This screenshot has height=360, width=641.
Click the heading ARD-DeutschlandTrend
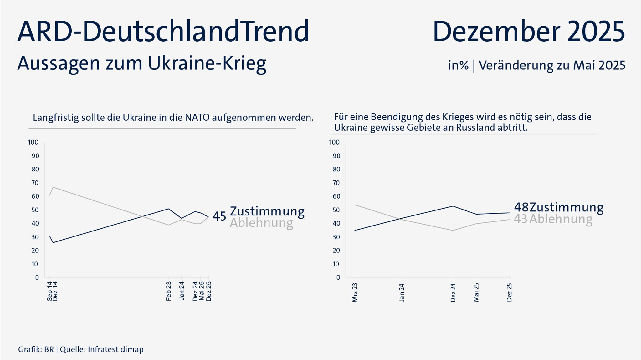[163, 31]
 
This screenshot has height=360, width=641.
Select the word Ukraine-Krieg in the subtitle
[207, 63]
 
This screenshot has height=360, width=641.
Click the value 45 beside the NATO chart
[219, 216]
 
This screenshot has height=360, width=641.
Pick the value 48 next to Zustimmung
[521, 207]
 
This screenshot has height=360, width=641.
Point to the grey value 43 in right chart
[520, 219]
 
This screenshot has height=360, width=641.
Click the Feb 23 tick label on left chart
[169, 291]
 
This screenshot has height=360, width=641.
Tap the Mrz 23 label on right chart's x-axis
[355, 292]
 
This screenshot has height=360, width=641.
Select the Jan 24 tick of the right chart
[402, 292]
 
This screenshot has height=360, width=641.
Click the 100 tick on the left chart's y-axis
[33, 142]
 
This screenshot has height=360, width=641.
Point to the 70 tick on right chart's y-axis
[336, 183]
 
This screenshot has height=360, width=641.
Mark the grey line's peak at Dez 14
[53, 187]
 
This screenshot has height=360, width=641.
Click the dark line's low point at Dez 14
[53, 242]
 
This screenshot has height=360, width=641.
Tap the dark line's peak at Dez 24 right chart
[453, 206]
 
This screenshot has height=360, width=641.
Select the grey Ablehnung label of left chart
[261, 223]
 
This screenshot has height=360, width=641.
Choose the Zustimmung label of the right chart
[567, 207]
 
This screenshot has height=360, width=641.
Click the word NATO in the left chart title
[197, 118]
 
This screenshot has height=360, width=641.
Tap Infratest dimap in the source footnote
[115, 349]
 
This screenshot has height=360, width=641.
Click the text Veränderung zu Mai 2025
[552, 65]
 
